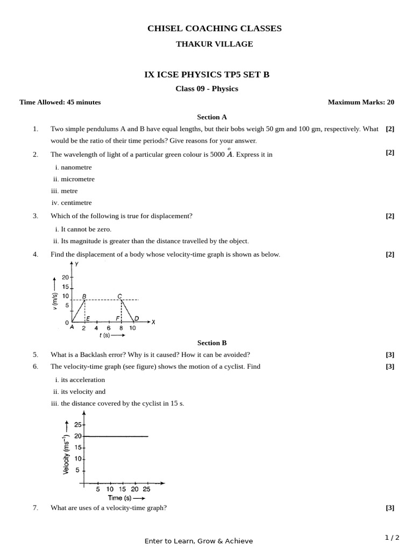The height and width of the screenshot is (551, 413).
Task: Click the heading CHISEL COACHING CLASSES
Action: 214,29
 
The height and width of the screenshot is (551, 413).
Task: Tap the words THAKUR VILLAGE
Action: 214,44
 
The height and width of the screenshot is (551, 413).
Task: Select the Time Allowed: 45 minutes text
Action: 60,102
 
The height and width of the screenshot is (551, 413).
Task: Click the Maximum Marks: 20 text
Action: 361,102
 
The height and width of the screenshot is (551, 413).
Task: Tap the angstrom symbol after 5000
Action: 229,154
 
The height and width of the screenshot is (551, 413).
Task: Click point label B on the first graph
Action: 84,296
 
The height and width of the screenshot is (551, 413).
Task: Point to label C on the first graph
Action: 119,296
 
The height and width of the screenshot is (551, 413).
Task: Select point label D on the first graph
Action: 137,319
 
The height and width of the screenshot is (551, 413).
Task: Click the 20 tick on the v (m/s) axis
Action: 66,277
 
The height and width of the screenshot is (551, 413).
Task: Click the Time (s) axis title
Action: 119,498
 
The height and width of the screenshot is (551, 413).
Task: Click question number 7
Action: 35,507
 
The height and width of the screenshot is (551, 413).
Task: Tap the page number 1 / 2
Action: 392,538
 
